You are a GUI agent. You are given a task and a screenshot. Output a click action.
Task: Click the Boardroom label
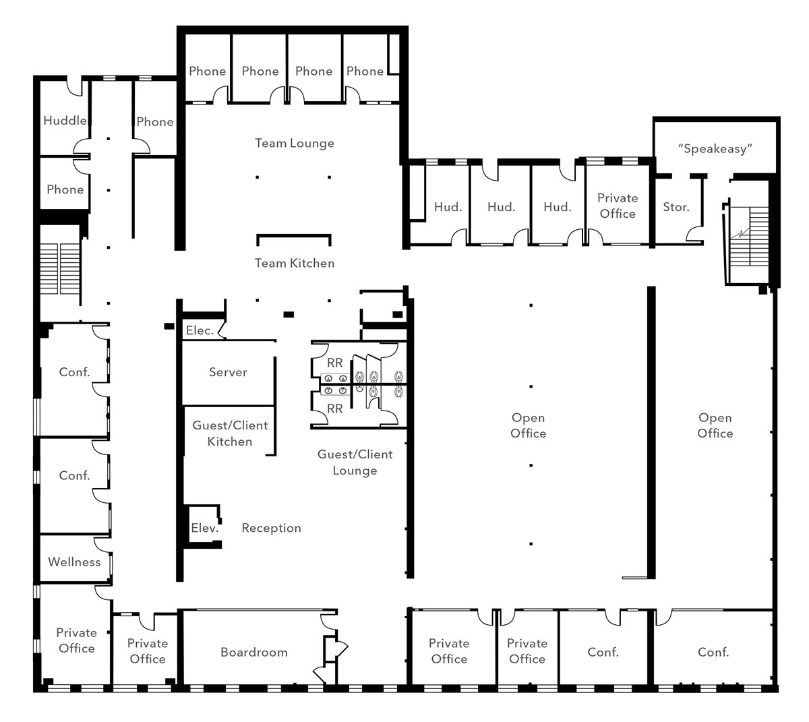point(254,652)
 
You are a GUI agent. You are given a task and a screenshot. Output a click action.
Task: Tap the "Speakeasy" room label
point(715,149)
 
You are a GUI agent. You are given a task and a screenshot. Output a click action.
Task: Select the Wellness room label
point(74,562)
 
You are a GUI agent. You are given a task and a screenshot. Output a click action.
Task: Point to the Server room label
point(228,372)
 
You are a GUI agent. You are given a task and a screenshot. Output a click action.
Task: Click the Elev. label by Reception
point(205,528)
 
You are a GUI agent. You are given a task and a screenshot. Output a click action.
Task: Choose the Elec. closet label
point(200,330)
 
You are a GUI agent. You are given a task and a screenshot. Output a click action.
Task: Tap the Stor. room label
point(676,207)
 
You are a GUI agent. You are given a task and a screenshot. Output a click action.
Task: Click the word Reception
point(272,528)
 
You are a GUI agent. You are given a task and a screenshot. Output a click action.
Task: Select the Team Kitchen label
point(295,263)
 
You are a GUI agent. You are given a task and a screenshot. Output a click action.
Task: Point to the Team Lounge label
point(295,144)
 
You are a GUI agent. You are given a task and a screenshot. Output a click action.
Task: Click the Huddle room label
point(65,120)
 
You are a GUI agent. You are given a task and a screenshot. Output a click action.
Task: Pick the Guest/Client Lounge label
point(355,462)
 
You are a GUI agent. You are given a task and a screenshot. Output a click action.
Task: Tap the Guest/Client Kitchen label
point(230,433)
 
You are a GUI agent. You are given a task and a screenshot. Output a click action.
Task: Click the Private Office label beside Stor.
point(618,206)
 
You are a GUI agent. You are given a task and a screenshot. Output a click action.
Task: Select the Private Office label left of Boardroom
point(148,651)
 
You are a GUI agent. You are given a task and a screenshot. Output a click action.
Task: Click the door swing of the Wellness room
point(102,545)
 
